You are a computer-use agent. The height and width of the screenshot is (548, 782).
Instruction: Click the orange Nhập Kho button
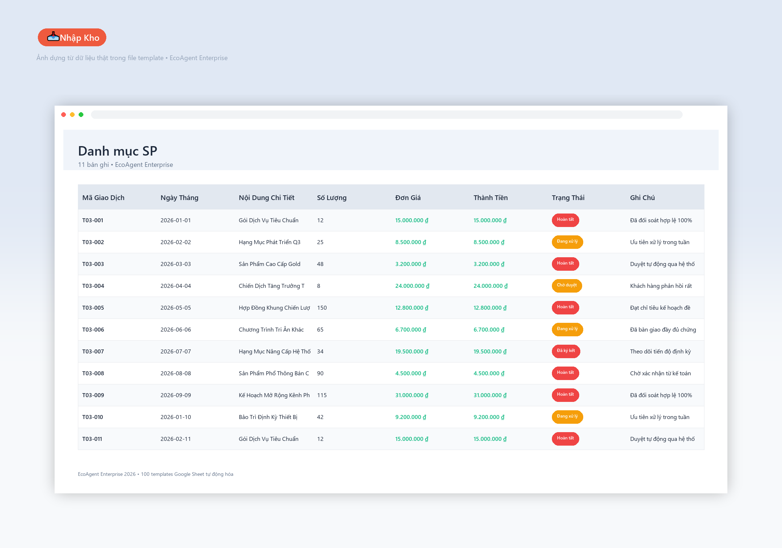72,38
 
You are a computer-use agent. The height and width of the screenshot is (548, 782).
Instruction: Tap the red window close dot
64,115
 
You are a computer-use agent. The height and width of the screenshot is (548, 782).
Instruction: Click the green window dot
81,115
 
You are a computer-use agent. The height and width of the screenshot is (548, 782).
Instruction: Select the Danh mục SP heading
118,151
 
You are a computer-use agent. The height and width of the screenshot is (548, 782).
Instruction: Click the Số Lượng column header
332,197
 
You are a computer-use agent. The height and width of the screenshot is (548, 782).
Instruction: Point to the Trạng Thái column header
568,197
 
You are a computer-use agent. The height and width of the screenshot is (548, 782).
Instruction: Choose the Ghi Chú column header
642,197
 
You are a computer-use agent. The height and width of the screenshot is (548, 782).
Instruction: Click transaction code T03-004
93,286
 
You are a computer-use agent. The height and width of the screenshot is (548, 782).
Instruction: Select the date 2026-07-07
175,352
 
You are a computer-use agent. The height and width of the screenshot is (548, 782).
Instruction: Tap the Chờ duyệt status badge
567,286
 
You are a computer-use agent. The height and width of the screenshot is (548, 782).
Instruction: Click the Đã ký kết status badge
566,351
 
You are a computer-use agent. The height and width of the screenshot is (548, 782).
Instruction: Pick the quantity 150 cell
322,308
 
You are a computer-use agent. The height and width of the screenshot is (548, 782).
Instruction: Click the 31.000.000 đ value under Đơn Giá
412,395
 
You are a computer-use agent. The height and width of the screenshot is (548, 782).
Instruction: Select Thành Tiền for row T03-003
489,264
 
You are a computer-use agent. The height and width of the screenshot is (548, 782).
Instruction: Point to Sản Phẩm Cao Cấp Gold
269,264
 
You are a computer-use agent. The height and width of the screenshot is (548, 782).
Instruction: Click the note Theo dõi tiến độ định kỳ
660,352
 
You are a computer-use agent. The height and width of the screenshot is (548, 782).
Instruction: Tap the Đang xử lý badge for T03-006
567,329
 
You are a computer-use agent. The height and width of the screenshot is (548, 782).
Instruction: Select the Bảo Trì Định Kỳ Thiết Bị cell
268,417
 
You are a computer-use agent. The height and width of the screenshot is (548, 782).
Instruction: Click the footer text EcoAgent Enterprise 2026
107,474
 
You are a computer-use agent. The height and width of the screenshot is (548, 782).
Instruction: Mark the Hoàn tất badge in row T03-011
565,439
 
